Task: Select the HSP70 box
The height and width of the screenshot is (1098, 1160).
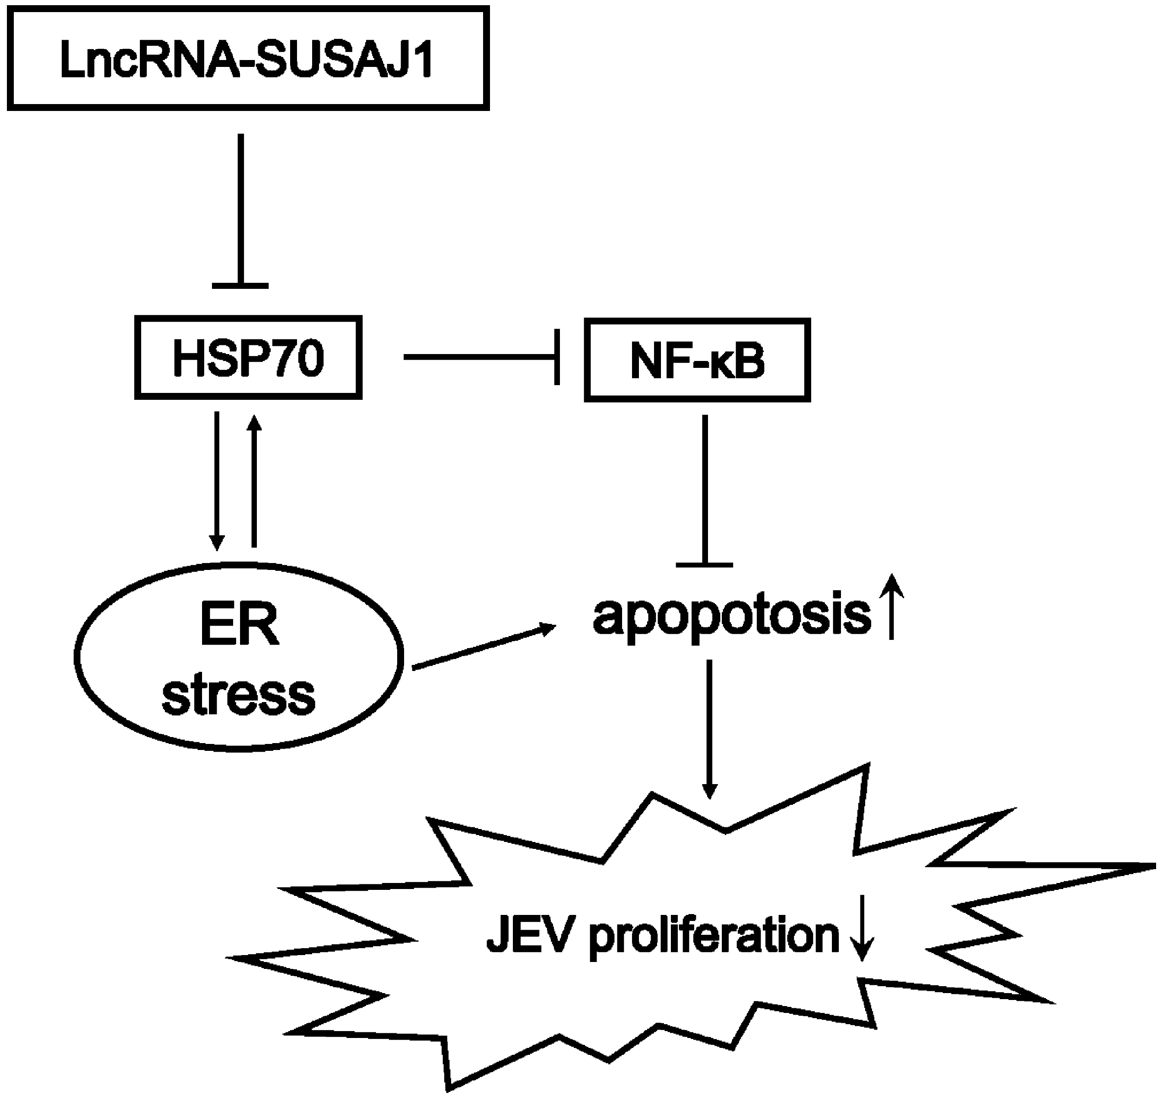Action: click(248, 358)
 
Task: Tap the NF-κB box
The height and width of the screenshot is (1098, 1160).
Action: click(697, 360)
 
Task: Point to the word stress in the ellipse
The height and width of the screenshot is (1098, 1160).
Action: click(239, 695)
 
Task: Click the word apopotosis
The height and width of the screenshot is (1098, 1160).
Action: click(732, 616)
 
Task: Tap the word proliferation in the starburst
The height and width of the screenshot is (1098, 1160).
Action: click(714, 937)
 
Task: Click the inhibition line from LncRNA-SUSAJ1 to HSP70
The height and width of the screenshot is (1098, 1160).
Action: click(240, 211)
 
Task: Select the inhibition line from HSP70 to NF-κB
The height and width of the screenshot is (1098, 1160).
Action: click(480, 357)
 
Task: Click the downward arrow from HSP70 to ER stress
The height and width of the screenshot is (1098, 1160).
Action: click(217, 480)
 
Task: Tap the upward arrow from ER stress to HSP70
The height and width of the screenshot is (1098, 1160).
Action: click(254, 480)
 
